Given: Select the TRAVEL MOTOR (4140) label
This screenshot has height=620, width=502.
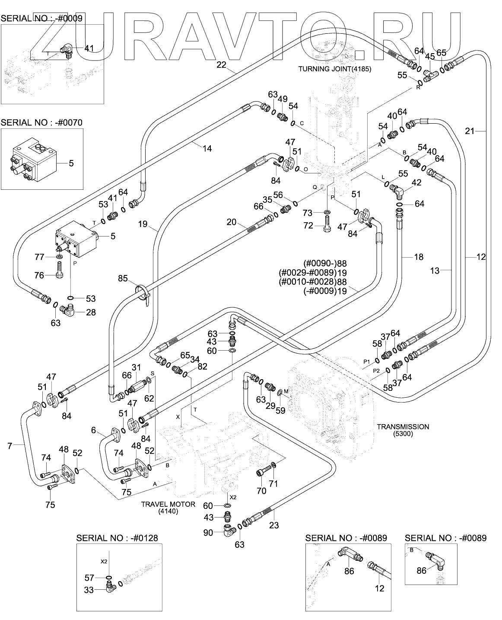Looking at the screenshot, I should tap(168, 508).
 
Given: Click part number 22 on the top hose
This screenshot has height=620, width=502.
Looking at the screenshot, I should tap(221, 65).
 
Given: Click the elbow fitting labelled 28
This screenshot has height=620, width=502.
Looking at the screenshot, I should tap(69, 310).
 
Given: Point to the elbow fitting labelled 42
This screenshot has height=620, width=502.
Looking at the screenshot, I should tap(396, 189).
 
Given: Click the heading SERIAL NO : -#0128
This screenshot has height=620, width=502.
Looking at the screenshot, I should tap(117, 538).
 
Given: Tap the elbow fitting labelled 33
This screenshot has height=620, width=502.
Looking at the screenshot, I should tap(109, 586).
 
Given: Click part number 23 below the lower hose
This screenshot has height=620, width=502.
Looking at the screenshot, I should tap(274, 525).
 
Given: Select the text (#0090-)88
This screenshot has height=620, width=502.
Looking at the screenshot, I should tap(326, 263).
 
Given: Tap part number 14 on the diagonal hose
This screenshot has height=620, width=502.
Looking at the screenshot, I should tap(207, 148).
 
